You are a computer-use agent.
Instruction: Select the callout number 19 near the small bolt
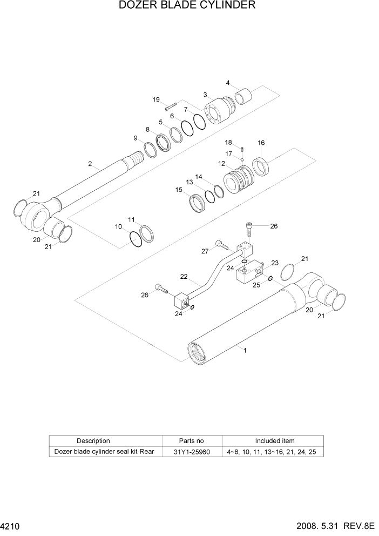[156, 99]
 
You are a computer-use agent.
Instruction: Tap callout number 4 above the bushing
[228, 83]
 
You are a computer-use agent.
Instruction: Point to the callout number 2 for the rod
[90, 164]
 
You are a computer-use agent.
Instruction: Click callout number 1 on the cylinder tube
[245, 350]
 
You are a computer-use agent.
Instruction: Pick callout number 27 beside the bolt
[205, 251]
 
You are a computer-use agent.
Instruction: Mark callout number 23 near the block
[274, 263]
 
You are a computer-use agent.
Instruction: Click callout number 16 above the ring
[261, 143]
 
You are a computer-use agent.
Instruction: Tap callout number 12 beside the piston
[221, 163]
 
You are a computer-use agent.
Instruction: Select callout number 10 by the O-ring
[118, 227]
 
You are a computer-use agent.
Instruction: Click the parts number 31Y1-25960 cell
[191, 451]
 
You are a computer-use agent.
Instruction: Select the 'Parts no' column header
[191, 441]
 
